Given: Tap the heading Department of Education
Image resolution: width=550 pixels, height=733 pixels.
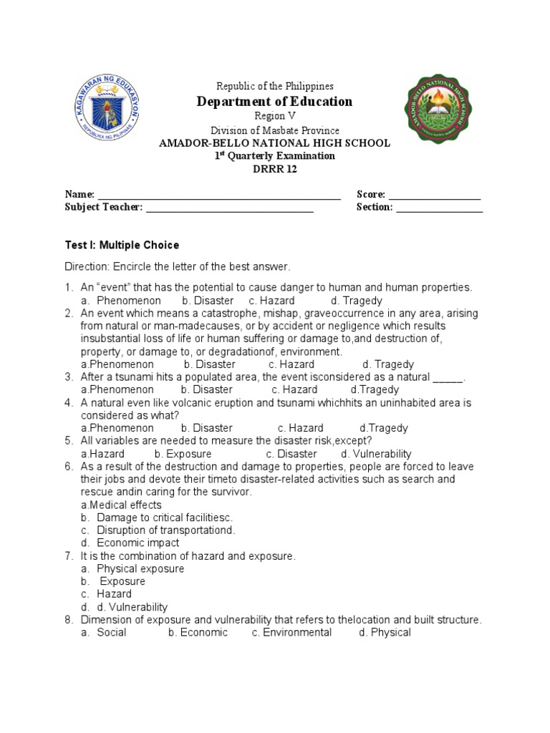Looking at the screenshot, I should pos(275,101).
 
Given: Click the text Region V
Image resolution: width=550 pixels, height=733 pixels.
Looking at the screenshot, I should pos(275,116).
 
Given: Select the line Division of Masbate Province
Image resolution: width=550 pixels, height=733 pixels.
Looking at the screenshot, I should pos(275,130).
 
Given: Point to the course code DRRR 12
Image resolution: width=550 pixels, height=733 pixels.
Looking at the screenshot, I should pos(275,169).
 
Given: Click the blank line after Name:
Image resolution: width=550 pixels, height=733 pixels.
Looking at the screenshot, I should pos(219,195).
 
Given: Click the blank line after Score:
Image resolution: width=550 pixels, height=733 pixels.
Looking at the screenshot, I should pos(434,195).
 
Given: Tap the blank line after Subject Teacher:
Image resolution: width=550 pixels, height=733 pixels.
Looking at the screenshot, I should pos(230,208).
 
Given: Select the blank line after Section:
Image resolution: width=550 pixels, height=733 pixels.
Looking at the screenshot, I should pos(439,208).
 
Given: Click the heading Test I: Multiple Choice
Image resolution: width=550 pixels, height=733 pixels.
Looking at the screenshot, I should pos(122,245).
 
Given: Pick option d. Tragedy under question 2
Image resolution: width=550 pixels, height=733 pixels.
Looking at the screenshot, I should pos(387,364).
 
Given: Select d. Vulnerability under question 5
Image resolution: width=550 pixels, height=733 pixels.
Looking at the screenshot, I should pos(376,454).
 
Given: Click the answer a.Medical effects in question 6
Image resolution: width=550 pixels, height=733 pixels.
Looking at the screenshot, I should pos(121,505).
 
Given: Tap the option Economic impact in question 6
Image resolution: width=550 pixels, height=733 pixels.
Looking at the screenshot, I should pos(138,543).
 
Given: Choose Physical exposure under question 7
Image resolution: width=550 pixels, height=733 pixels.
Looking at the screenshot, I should pos(140,569).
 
